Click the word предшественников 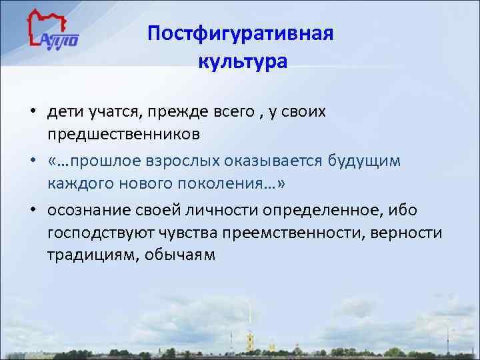[x=123, y=135]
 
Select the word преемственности [x=295, y=233]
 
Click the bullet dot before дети [x=32, y=111]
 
